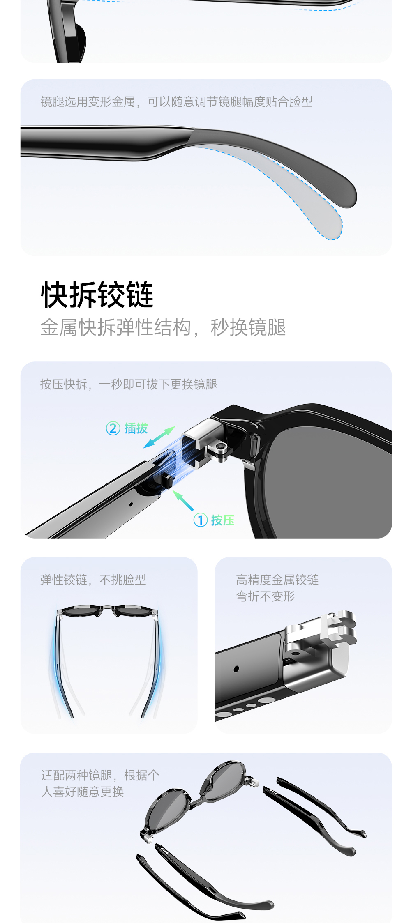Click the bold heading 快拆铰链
point(97,295)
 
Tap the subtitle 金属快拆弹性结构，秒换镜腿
point(163,327)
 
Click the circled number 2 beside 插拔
point(113,428)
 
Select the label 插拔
point(136,428)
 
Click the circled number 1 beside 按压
point(200,520)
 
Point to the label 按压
point(223,520)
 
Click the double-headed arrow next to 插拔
point(159,437)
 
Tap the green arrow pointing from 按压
point(183,500)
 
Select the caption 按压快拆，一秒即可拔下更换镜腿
point(129,384)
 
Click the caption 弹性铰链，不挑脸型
point(93,580)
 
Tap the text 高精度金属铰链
point(277,580)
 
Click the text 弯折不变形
point(266,596)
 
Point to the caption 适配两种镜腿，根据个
point(100,776)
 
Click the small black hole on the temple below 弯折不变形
point(236,669)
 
